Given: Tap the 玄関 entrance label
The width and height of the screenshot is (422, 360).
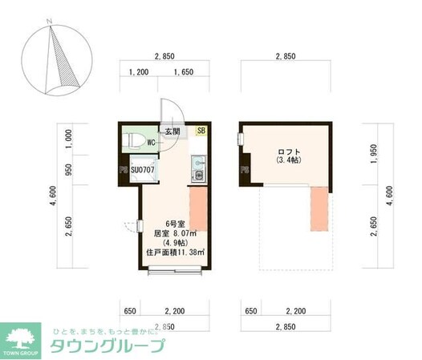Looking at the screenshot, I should click(173, 131).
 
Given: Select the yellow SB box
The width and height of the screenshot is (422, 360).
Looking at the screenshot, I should click(201, 131).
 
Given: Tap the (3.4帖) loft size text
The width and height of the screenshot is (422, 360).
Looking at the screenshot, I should click(287, 160).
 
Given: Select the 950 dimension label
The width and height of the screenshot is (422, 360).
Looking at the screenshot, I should click(70, 169).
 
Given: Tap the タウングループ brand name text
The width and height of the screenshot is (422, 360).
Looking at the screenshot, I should click(108, 346).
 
